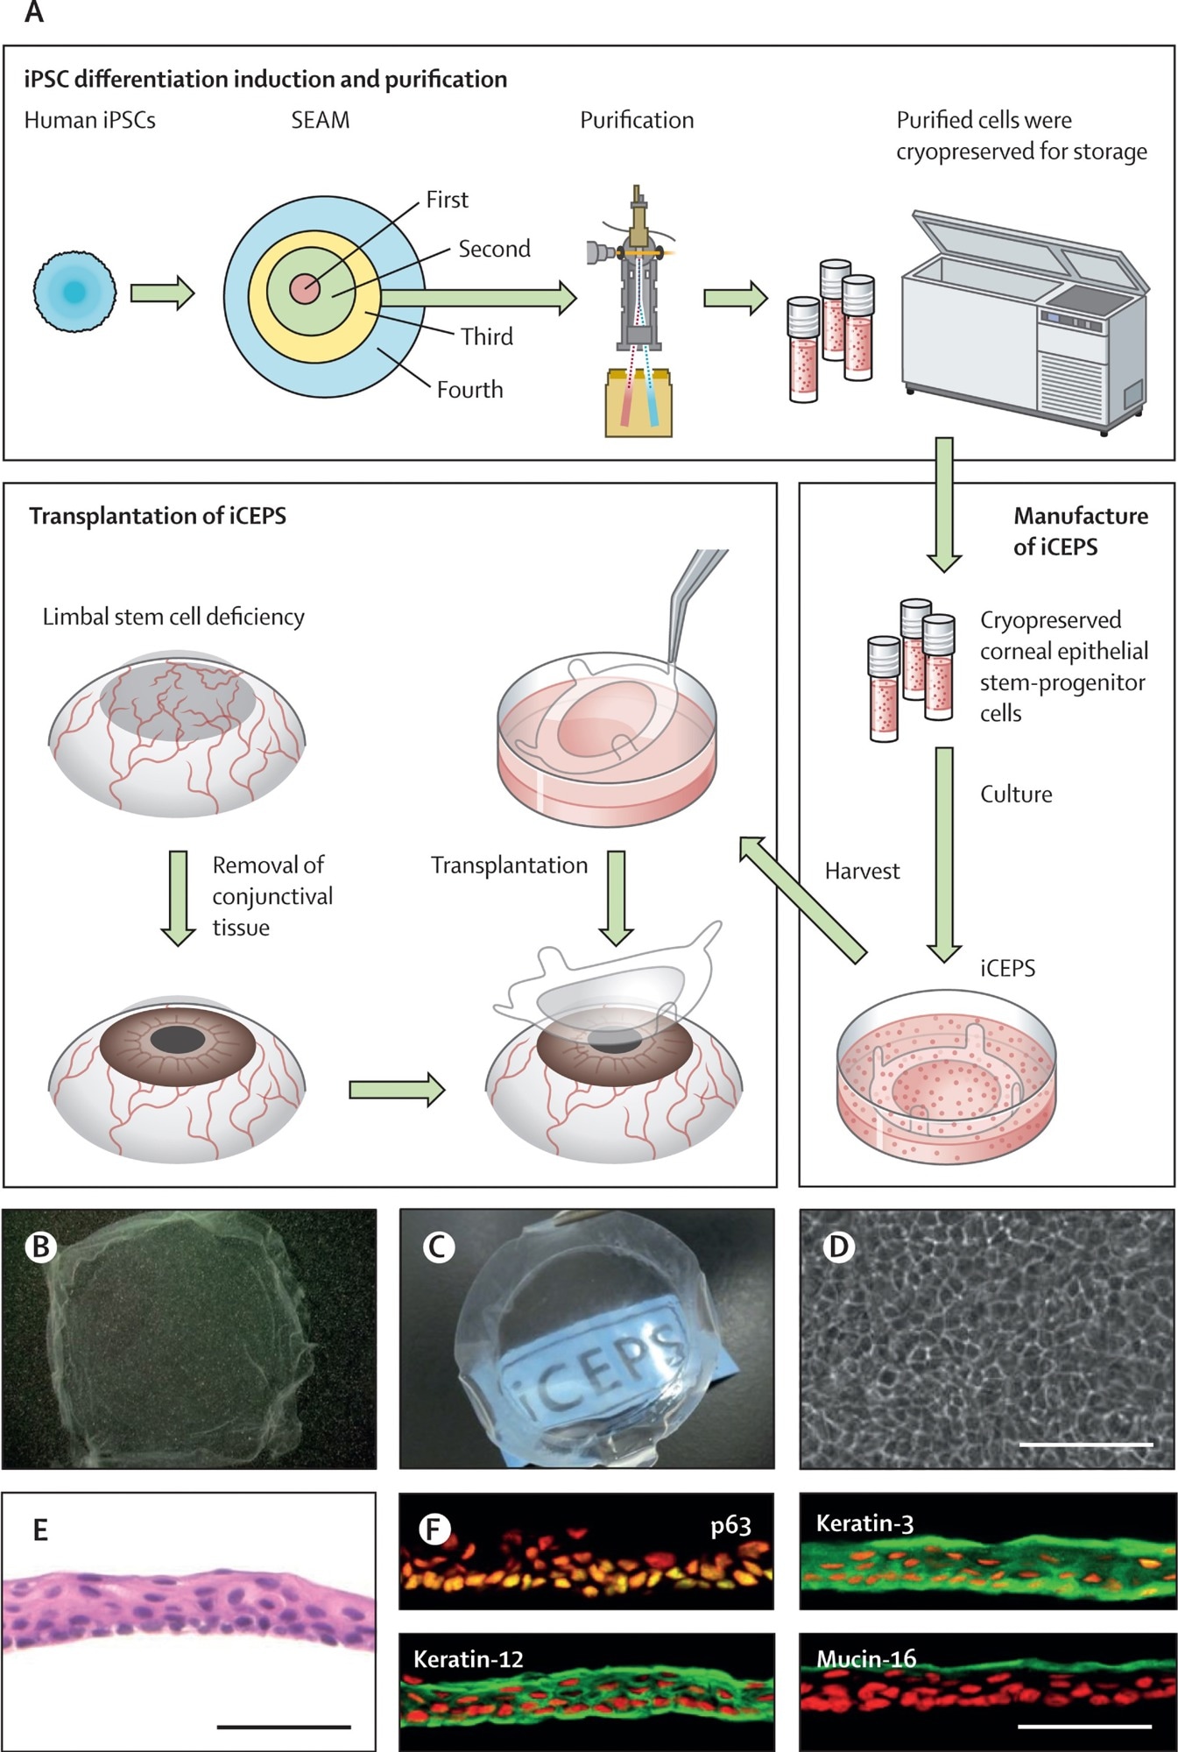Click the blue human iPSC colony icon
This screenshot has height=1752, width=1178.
74,291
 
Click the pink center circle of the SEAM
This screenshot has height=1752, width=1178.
305,288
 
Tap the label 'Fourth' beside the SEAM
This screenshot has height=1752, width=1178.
469,390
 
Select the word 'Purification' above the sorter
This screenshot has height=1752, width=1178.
637,120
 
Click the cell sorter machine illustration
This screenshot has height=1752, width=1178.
638,272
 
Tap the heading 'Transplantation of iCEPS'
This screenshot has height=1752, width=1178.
158,516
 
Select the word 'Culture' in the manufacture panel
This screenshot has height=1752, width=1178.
1016,795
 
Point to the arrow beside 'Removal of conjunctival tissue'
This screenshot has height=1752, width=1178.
178,897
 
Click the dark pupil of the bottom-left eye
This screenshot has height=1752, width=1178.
178,1041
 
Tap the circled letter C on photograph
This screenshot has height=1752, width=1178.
439,1246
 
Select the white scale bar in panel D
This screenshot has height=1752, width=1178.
1086,1444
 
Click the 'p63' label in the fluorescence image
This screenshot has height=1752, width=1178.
730,1526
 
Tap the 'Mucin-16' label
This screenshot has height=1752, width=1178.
866,1658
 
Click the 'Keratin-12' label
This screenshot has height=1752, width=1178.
468,1659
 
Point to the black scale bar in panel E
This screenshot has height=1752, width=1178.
283,1727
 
